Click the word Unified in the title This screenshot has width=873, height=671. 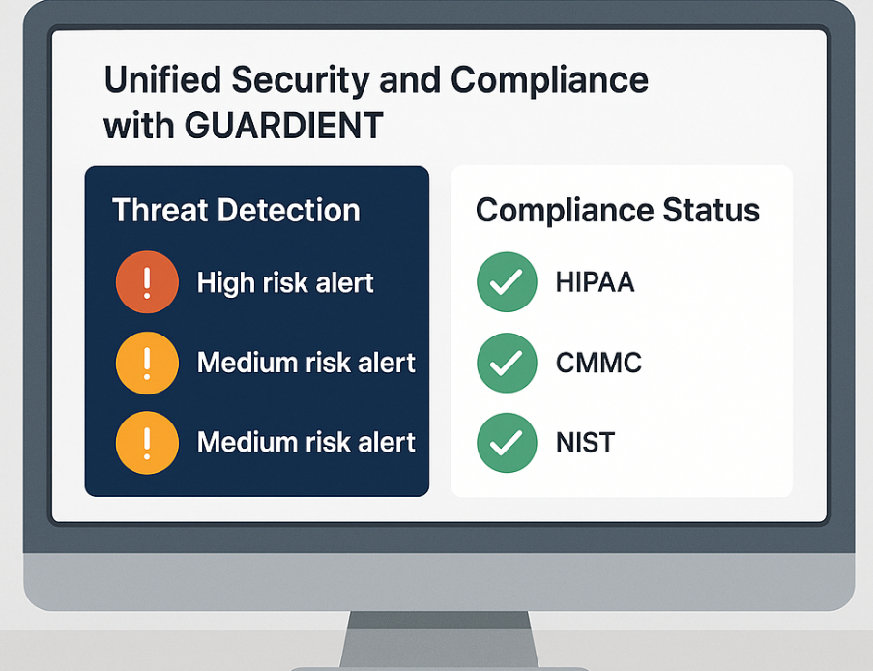pyautogui.click(x=162, y=79)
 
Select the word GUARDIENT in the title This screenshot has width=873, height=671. pyautogui.click(x=283, y=126)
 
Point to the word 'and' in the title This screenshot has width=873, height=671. pyautogui.click(x=410, y=79)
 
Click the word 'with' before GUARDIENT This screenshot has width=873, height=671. pyautogui.click(x=139, y=126)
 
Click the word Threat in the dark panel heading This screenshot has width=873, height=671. pyautogui.click(x=160, y=210)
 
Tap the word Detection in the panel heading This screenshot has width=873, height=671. pyautogui.click(x=288, y=210)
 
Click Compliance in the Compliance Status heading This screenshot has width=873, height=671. pyautogui.click(x=565, y=212)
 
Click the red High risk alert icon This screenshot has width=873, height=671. pyautogui.click(x=147, y=281)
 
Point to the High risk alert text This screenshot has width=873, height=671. pyautogui.click(x=285, y=282)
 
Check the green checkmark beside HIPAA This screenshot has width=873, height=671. pyautogui.click(x=507, y=281)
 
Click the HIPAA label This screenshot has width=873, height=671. pyautogui.click(x=596, y=281)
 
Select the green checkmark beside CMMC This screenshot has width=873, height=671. pyautogui.click(x=507, y=363)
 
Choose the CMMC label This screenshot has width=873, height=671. pyautogui.click(x=598, y=363)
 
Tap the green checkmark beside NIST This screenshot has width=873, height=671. pyautogui.click(x=507, y=443)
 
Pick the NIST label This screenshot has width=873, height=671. pyautogui.click(x=585, y=443)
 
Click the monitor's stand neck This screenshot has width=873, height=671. pyautogui.click(x=439, y=639)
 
